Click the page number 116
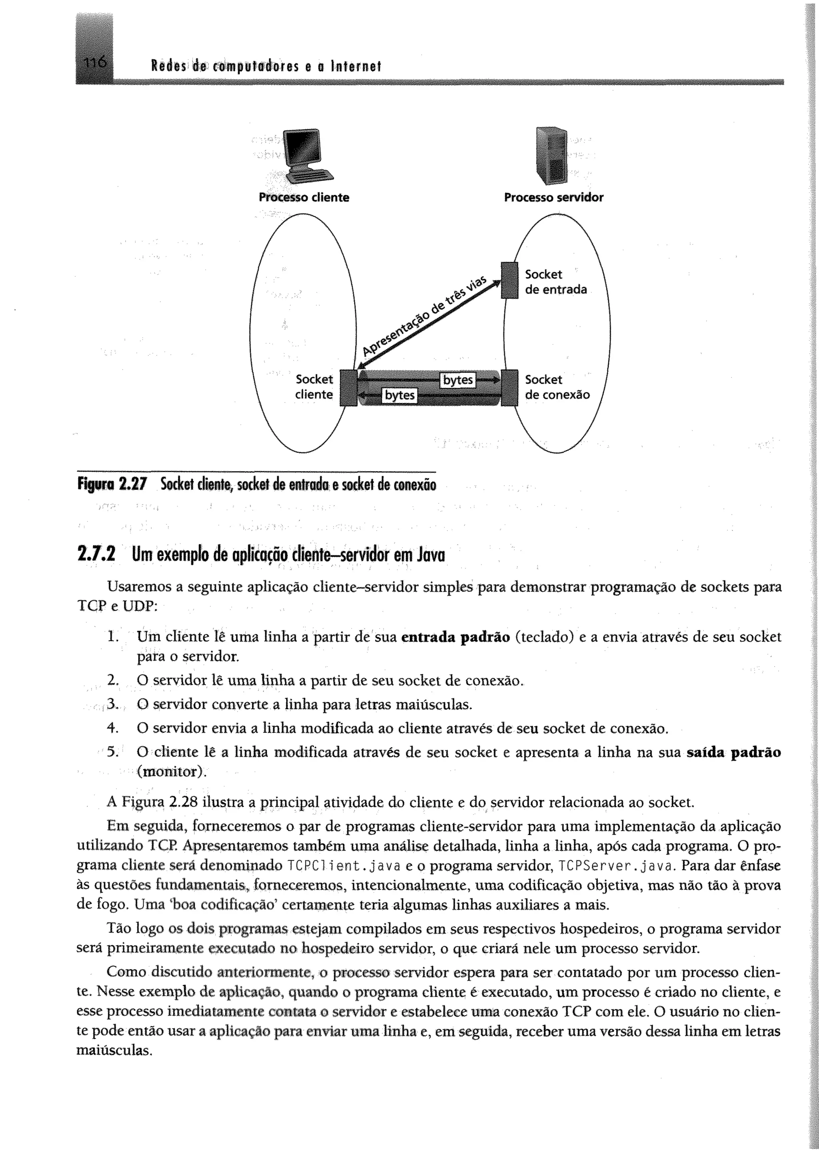[x=95, y=63]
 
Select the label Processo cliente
[x=304, y=197]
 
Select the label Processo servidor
[x=553, y=197]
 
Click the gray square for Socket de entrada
[x=510, y=280]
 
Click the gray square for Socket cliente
[x=348, y=387]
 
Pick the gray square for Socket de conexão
[x=510, y=387]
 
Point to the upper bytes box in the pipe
[x=457, y=380]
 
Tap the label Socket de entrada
[x=555, y=282]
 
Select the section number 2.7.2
[x=96, y=555]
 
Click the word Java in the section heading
[x=431, y=555]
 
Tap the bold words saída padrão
[x=733, y=753]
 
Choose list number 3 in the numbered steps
[x=112, y=704]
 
